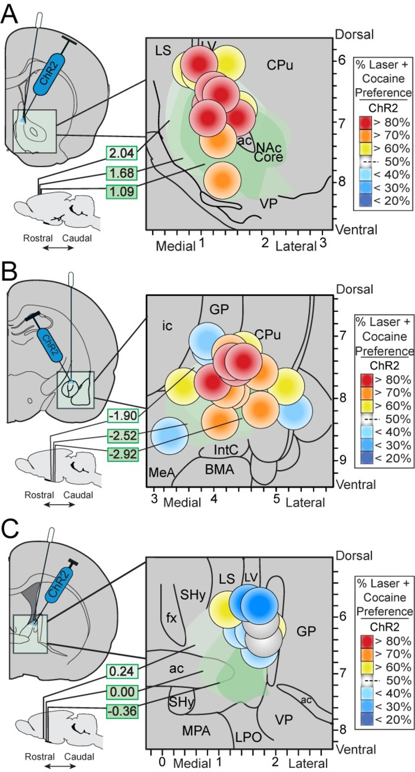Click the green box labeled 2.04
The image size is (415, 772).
[x=122, y=153]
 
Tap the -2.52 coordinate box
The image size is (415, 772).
[x=122, y=435]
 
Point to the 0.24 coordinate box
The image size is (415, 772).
[x=122, y=671]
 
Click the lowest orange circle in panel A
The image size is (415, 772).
[x=221, y=179]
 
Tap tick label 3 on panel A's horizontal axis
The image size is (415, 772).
[x=323, y=244]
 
